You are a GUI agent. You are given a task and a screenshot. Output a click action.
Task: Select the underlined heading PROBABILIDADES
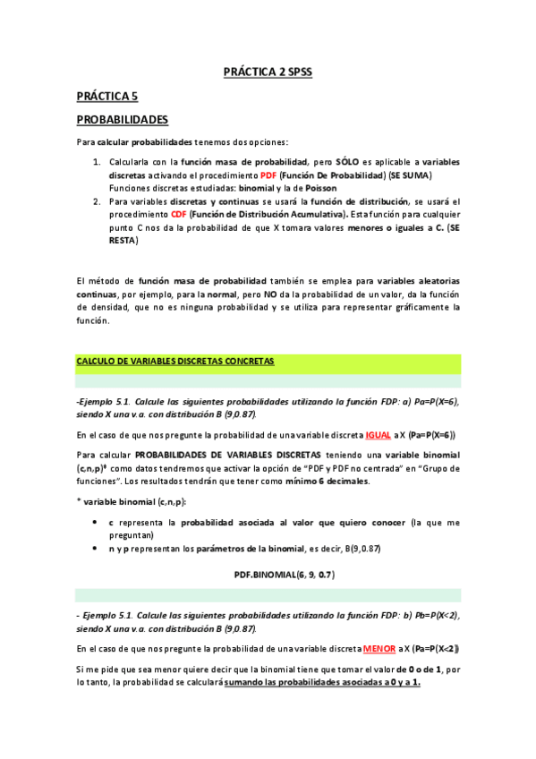pos(122,118)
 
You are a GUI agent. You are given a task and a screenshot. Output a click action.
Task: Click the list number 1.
pos(97,162)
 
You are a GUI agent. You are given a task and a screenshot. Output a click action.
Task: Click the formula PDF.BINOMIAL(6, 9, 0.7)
pos(268,573)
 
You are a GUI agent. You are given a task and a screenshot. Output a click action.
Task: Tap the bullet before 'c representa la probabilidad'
pos(97,521)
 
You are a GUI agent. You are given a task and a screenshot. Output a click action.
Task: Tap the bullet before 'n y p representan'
pos(97,547)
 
